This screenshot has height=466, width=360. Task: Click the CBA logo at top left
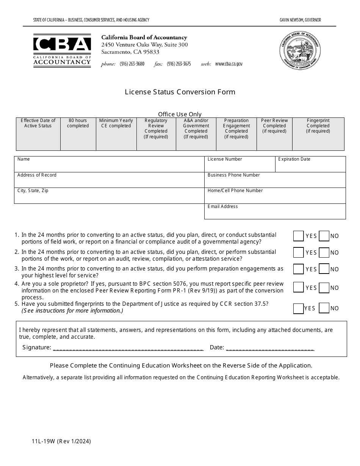(x=62, y=50)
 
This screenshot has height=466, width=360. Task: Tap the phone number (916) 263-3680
(x=132, y=64)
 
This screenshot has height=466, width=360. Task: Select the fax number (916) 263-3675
(x=178, y=64)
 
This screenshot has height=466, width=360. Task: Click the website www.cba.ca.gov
(x=229, y=64)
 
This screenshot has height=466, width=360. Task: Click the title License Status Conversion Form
(x=180, y=92)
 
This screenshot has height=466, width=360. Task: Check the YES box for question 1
(x=298, y=236)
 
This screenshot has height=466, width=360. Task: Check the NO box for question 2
(x=324, y=253)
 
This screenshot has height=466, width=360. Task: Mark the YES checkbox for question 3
(x=298, y=269)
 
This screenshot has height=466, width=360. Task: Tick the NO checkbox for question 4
(x=324, y=288)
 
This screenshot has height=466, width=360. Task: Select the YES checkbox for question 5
(x=298, y=308)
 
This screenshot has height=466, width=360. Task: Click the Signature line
(x=128, y=347)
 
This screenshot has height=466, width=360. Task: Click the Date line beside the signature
(x=270, y=347)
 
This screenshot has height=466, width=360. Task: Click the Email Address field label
(x=223, y=206)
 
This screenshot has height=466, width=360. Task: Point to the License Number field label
(x=225, y=159)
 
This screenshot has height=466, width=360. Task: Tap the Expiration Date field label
(x=294, y=159)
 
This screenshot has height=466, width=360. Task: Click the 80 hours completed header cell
(x=78, y=123)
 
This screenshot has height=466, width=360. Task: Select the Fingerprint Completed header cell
(x=318, y=126)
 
